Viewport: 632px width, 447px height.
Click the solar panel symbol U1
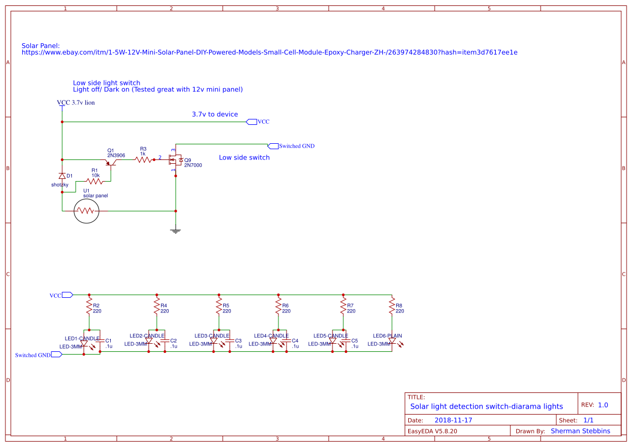[x=87, y=211]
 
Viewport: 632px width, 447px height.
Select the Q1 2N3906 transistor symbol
[x=111, y=162]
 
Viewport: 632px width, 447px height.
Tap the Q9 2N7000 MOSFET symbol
[x=176, y=159]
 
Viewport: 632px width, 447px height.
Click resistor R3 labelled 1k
[x=143, y=160]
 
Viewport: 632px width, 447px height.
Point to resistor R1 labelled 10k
[x=95, y=182]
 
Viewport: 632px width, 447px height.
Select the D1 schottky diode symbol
[x=62, y=176]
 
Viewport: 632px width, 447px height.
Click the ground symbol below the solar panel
[x=176, y=231]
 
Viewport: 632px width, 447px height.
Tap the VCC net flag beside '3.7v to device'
[x=251, y=122]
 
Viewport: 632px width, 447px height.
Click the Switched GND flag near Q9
[x=273, y=146]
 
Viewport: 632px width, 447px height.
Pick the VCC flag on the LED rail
[x=68, y=295]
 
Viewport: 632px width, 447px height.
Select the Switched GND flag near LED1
[x=57, y=354]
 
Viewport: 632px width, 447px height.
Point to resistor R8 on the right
[x=392, y=306]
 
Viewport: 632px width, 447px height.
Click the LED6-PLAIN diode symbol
[x=392, y=342]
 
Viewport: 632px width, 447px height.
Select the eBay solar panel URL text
[x=269, y=52]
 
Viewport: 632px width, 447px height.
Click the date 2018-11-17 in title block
[x=453, y=420]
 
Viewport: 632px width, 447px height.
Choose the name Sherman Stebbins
[x=581, y=431]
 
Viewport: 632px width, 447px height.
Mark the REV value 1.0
[x=603, y=405]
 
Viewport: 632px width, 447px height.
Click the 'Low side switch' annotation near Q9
[x=244, y=158]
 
